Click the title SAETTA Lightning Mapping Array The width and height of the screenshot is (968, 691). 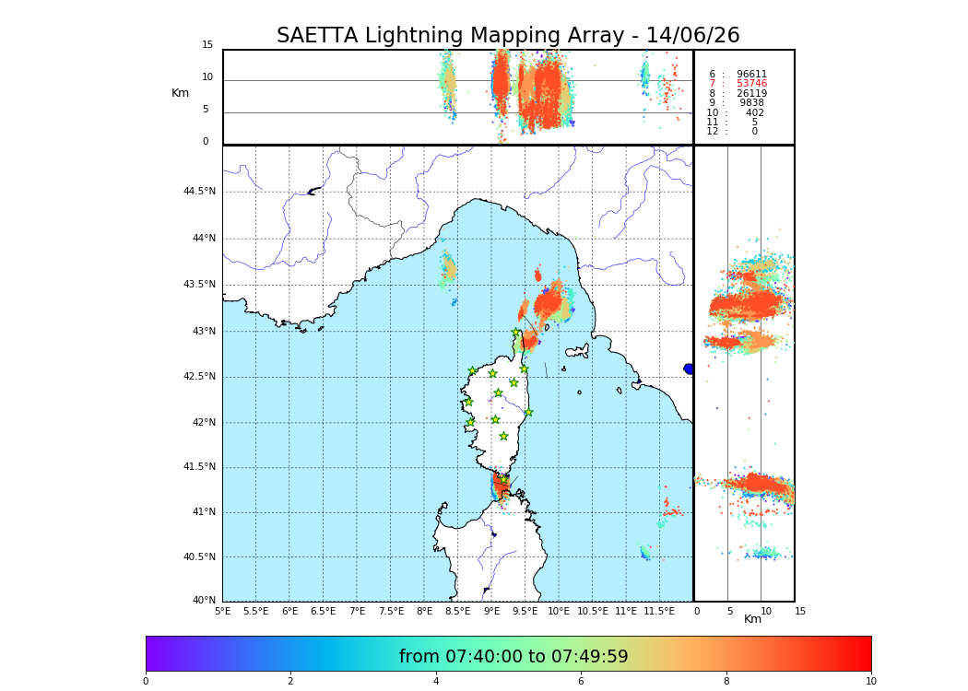(508, 36)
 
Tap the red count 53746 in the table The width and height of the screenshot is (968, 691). (751, 84)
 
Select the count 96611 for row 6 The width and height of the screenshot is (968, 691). (751, 75)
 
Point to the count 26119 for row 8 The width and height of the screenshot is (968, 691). (751, 94)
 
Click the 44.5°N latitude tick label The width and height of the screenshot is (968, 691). (199, 192)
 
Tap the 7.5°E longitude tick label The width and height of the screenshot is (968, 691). (391, 611)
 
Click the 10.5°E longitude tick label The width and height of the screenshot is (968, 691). (593, 611)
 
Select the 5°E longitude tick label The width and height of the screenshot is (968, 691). (222, 611)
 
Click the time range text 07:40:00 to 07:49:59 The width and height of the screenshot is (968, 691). (514, 657)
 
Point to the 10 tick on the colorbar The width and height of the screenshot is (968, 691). (870, 682)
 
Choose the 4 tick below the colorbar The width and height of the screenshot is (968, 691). (436, 682)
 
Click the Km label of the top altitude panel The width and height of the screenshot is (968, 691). (180, 93)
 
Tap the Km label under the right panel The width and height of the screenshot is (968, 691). (753, 619)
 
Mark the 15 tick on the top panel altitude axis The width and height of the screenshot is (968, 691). (207, 45)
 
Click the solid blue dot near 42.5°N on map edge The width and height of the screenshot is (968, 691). (689, 369)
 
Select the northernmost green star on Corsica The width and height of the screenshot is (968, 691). (516, 333)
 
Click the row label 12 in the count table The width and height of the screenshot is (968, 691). (713, 132)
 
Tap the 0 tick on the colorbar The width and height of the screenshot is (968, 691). (146, 682)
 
